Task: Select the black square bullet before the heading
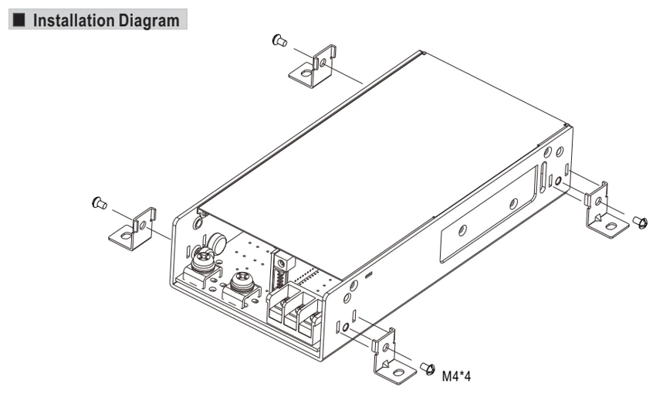[x=19, y=19]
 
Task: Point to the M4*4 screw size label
[x=456, y=376]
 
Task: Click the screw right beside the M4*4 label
[x=428, y=369]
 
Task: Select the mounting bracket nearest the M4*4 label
[x=394, y=357]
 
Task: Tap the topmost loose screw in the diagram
[x=279, y=41]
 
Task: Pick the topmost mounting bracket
[x=313, y=66]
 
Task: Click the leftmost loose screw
[x=99, y=203]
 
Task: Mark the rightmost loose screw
[x=640, y=222]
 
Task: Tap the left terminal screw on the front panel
[x=203, y=259]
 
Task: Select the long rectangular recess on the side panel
[x=489, y=213]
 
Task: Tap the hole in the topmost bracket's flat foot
[x=306, y=73]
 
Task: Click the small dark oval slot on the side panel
[x=369, y=275]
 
